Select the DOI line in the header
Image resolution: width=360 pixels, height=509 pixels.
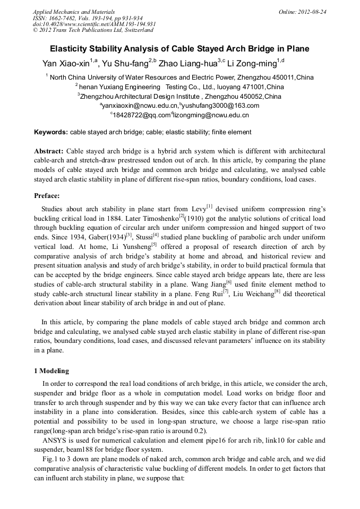94,24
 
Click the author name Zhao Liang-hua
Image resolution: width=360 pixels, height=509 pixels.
187,64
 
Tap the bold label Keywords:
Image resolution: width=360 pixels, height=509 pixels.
51,132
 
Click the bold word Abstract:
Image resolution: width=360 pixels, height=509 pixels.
49,151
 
